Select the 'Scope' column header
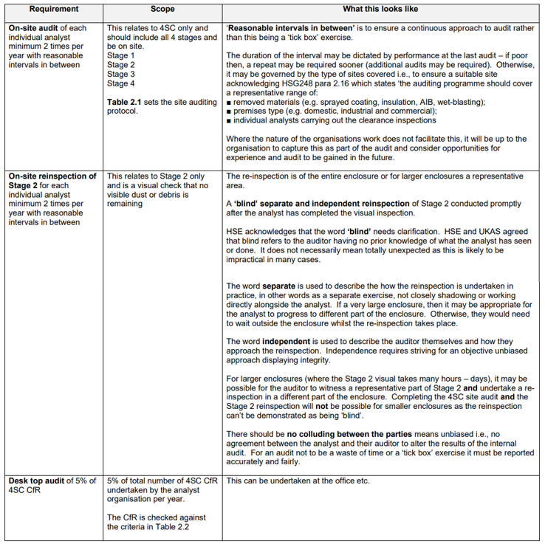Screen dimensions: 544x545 [162, 9]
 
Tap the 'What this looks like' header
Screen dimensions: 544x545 [383, 9]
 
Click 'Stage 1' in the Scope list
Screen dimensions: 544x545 [121, 55]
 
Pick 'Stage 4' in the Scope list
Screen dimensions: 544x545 [121, 83]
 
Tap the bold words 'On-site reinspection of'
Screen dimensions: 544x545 [52, 176]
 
